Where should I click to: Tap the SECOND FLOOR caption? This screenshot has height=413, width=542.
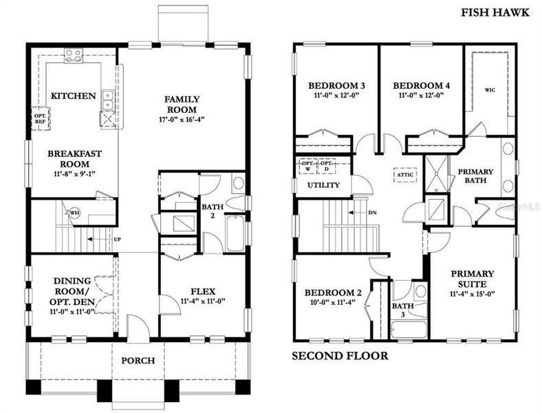340,356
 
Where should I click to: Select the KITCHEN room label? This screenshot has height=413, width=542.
73,96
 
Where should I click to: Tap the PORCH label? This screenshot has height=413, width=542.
138,360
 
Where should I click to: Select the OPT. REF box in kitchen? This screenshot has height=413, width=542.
41,119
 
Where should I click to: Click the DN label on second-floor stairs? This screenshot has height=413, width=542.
372,212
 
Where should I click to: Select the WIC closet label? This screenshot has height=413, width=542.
490,89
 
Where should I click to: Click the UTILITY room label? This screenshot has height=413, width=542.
323,185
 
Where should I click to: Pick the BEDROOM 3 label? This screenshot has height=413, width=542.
336,85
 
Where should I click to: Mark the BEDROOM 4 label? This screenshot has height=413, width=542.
422,85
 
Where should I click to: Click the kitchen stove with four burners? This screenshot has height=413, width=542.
74,55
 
